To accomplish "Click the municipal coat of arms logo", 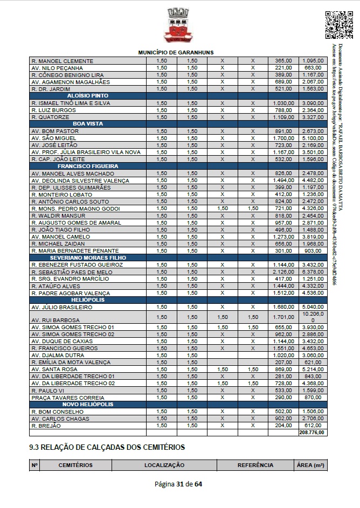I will click(x=178, y=25).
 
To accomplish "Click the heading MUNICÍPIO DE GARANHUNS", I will click(x=176, y=52).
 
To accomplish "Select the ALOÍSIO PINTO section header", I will click(x=88, y=95).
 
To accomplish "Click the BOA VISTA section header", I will click(x=88, y=123).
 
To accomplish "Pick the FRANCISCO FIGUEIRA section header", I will click(x=88, y=166).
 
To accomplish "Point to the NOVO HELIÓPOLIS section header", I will click(x=88, y=404).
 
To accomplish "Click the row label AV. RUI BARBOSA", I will click(x=56, y=320).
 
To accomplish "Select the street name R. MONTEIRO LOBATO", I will click(x=58, y=194).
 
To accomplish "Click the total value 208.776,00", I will click(x=312, y=433).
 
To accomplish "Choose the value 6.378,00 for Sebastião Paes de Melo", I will click(x=313, y=272).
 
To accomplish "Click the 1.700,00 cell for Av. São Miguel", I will click(x=283, y=138).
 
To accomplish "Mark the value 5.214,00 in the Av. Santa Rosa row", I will click(x=313, y=369).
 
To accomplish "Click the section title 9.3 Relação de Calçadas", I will click(x=107, y=447).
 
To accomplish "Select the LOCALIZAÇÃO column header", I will click(x=164, y=465).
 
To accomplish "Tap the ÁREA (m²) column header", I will click(x=310, y=465).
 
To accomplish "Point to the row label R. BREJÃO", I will click(x=46, y=426).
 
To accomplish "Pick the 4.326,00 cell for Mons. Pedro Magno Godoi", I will click(x=313, y=208).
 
